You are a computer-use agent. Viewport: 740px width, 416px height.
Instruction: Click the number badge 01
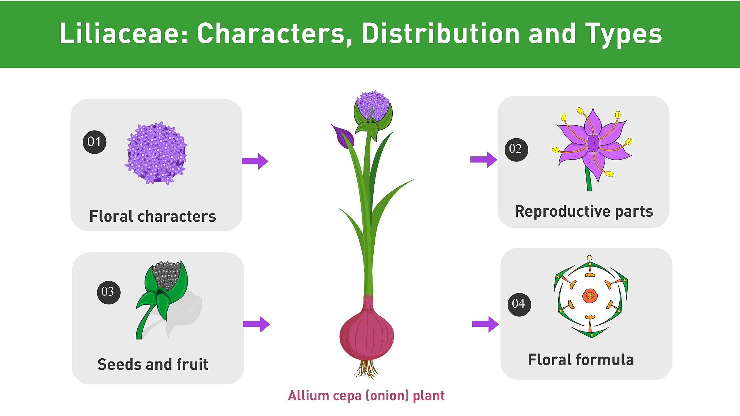(x=95, y=142)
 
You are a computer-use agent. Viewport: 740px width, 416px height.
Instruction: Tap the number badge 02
(x=516, y=149)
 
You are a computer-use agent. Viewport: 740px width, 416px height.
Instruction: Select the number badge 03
(x=108, y=292)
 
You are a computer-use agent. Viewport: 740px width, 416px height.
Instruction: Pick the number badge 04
(x=519, y=305)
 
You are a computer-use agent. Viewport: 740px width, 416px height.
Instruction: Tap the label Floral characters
(x=152, y=216)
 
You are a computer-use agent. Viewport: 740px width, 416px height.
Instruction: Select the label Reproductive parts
(x=584, y=211)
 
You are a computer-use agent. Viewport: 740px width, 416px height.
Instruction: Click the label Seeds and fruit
(x=152, y=364)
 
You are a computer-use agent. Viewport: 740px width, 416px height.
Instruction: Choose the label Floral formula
(x=581, y=360)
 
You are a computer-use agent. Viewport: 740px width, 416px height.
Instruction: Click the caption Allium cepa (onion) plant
(x=366, y=396)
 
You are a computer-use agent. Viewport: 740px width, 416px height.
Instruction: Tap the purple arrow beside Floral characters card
(x=255, y=161)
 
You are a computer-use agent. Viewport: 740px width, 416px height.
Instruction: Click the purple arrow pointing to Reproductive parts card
(x=484, y=160)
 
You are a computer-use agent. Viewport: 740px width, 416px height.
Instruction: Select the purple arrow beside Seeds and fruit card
(x=257, y=324)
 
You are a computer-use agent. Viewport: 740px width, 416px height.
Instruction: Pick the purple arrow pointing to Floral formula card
(x=485, y=324)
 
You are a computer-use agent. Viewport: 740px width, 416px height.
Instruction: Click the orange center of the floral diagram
(x=590, y=296)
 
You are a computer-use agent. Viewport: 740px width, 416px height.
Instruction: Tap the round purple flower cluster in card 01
(x=156, y=153)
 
